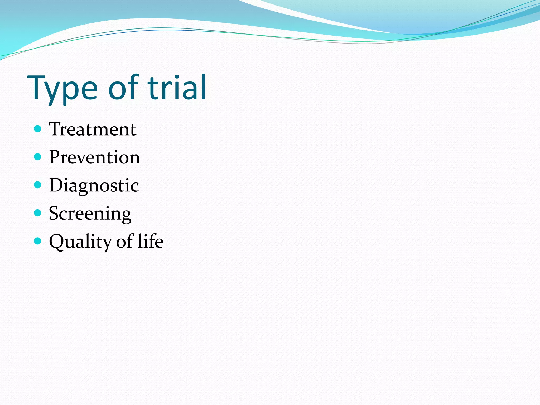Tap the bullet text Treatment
point(93,129)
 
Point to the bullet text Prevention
point(94,157)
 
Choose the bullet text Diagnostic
point(94,185)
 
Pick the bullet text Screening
point(90,214)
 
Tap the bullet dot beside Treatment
point(38,129)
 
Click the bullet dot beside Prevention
point(38,157)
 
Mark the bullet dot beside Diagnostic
point(38,185)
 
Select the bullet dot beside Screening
point(38,213)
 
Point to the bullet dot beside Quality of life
point(38,241)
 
